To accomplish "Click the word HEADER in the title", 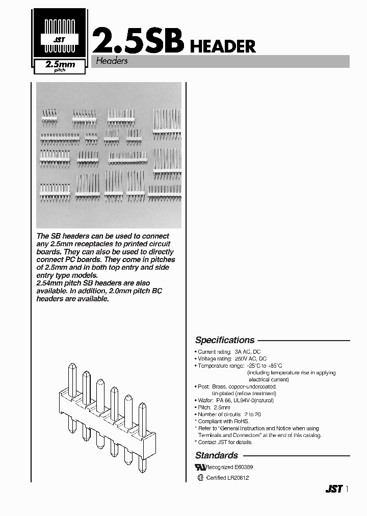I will [x=222, y=46].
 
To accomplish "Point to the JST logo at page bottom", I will [x=333, y=489].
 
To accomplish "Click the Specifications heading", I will [x=225, y=340].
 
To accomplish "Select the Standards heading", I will [x=217, y=455].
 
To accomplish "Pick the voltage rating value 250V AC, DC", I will [x=250, y=359].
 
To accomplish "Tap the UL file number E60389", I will [x=244, y=467].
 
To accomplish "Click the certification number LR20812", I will [x=239, y=478].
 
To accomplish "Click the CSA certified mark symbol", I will [x=200, y=478].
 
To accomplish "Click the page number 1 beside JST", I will [x=347, y=489].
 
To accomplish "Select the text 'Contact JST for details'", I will [x=225, y=442].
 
